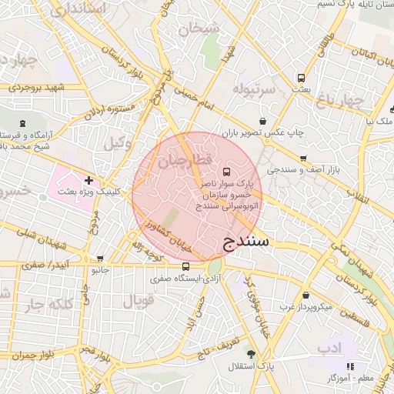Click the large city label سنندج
[247, 242]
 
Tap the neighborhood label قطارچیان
[183, 162]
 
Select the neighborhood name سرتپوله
[255, 88]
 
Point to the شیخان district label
[199, 29]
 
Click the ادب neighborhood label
[329, 348]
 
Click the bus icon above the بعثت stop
[301, 78]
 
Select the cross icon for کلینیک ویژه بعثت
[89, 180]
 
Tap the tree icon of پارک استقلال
[251, 353]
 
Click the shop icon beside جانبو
[100, 259]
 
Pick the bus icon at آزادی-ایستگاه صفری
[185, 266]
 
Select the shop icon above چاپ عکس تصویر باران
[264, 121]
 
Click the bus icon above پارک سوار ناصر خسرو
[226, 172]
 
